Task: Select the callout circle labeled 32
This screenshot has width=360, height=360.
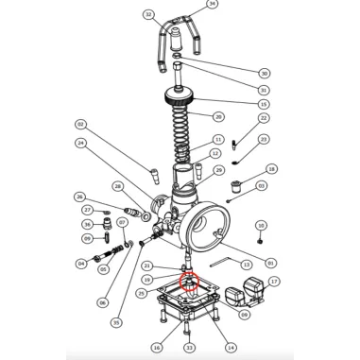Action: (x=148, y=15)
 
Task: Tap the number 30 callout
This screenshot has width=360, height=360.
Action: (x=264, y=73)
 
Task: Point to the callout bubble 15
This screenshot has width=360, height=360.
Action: (x=264, y=104)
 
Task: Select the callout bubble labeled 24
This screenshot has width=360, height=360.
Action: (x=81, y=144)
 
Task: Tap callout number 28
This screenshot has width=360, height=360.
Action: (x=118, y=186)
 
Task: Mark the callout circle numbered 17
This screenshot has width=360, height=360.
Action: (x=274, y=282)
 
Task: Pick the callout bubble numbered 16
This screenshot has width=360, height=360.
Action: (x=156, y=347)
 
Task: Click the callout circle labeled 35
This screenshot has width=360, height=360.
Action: (x=116, y=322)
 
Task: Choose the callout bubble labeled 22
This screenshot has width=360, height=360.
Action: (x=264, y=118)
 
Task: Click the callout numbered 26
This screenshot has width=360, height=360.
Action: (x=80, y=197)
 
